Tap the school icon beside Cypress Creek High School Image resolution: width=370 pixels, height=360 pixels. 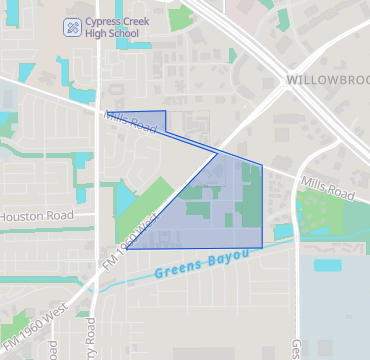click(73, 26)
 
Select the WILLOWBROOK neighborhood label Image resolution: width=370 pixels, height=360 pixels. click(327, 78)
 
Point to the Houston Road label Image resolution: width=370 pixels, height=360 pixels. click(36, 216)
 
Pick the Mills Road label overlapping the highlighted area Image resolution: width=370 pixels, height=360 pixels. click(130, 123)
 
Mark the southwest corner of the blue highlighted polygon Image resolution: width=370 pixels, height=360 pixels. click(126, 249)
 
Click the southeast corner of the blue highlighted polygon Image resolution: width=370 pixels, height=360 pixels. click(262, 247)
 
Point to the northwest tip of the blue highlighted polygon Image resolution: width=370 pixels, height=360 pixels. click(106, 113)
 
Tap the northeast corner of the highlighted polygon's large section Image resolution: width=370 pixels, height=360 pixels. click(262, 165)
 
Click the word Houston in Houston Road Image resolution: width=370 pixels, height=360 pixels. click(24, 216)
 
